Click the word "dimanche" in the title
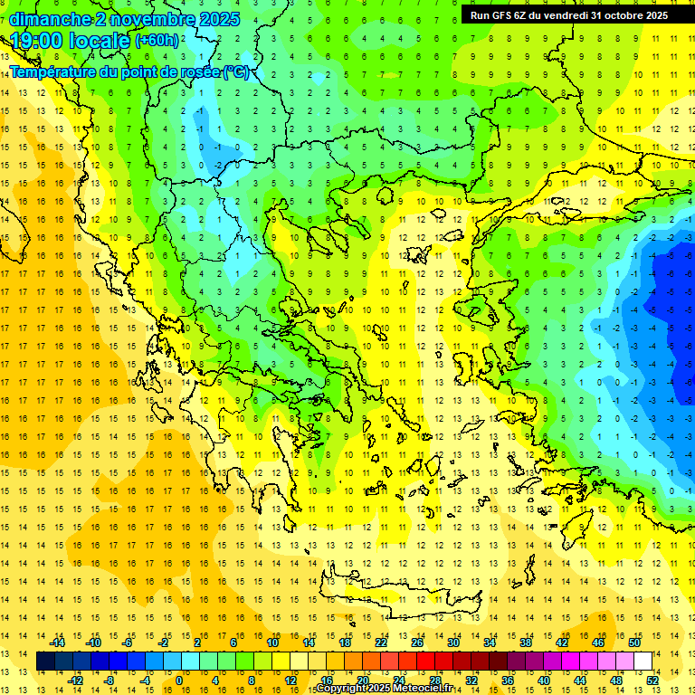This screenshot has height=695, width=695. click(50, 19)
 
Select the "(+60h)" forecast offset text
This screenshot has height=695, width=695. click(157, 41)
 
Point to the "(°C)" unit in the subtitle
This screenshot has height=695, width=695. click(236, 71)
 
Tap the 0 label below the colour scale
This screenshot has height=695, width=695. click(179, 681)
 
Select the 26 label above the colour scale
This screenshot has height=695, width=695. click(417, 643)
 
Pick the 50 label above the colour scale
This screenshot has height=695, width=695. click(634, 643)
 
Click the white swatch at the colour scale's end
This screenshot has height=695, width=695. click(643, 662)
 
